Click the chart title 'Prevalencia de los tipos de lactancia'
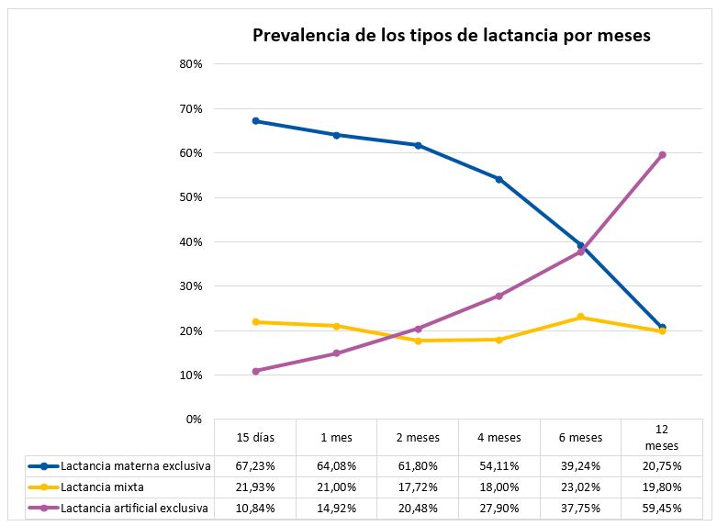(x=452, y=36)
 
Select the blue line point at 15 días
(x=255, y=121)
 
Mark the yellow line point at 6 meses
(x=580, y=318)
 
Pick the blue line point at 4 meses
(x=499, y=179)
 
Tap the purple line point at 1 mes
(x=337, y=353)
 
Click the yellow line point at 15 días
(x=255, y=322)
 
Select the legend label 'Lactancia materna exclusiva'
(x=136, y=466)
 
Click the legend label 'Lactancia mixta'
(x=102, y=487)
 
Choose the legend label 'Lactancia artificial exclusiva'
(x=134, y=508)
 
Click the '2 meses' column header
(x=418, y=437)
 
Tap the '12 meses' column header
(x=662, y=437)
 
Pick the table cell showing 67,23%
(x=255, y=466)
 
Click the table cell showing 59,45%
(x=662, y=508)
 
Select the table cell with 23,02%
(x=580, y=487)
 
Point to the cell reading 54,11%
(x=499, y=466)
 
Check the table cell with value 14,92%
(x=337, y=508)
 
